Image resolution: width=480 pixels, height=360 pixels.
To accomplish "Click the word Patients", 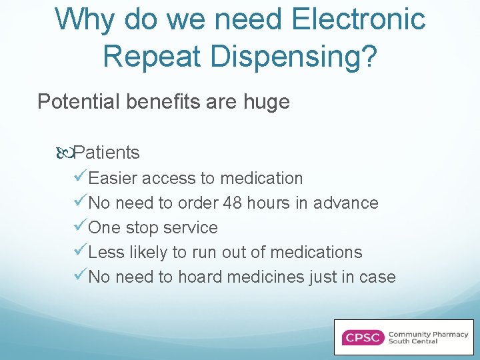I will (x=107, y=153).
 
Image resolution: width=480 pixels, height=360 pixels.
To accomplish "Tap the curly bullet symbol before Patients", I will (x=65, y=153).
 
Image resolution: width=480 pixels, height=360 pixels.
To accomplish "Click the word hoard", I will (x=197, y=277).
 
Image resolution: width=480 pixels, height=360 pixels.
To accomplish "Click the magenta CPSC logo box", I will (x=363, y=337).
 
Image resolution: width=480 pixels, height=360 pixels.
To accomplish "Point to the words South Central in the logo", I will (x=413, y=341).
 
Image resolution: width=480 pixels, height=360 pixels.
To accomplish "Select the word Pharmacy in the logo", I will (x=449, y=333).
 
